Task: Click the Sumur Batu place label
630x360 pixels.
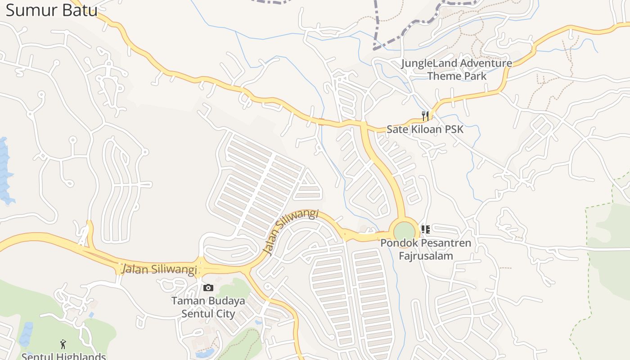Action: coord(51,10)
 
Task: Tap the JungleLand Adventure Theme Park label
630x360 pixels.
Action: coord(456,69)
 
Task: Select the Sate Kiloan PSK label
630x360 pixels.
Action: coord(425,129)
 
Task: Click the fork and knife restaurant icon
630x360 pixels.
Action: coord(425,116)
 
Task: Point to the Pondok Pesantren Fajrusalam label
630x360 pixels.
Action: coord(426,249)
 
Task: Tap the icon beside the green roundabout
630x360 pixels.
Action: coord(425,229)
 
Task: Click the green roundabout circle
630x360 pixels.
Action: coord(404,231)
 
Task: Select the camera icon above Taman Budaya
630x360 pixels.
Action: coord(208,288)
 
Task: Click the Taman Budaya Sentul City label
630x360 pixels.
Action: coord(208,307)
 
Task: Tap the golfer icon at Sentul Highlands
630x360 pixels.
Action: coord(63,344)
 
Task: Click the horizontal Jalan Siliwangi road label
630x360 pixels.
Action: coord(159,269)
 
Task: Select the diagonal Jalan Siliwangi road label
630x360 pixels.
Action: coord(291,231)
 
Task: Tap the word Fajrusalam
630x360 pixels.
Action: coord(426,256)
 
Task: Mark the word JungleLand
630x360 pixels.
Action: coord(428,63)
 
